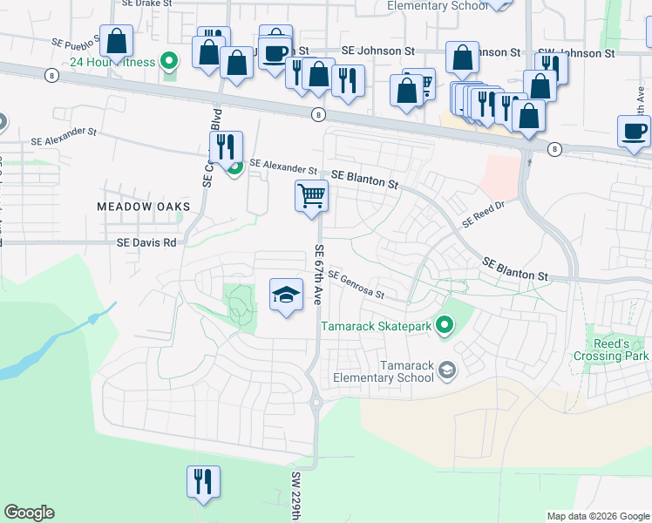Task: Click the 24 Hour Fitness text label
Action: click(112, 62)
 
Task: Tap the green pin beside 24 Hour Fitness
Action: click(172, 62)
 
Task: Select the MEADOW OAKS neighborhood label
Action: click(143, 206)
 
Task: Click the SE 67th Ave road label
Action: click(319, 274)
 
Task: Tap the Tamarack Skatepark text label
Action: click(377, 327)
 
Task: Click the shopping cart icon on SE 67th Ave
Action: click(311, 195)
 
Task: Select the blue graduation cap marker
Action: click(286, 295)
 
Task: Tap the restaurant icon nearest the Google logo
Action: click(203, 481)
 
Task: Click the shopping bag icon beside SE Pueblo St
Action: click(116, 41)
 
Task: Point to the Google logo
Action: click(30, 513)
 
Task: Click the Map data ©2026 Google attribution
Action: click(597, 516)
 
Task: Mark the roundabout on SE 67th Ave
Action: click(316, 403)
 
